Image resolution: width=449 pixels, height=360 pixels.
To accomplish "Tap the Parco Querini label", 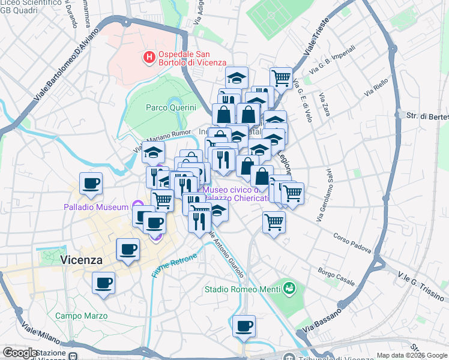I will [171, 107].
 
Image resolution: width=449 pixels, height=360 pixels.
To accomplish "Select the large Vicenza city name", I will [81, 260].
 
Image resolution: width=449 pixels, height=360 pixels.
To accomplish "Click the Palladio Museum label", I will [97, 208].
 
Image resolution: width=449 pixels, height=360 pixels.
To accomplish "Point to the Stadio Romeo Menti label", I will [241, 289].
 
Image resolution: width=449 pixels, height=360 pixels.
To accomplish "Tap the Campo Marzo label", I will [82, 316].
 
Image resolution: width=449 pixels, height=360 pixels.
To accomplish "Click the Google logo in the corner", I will [20, 353].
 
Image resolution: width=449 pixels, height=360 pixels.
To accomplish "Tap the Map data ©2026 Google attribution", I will [411, 355].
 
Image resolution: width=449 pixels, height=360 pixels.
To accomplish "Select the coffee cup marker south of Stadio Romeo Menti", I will [244, 326].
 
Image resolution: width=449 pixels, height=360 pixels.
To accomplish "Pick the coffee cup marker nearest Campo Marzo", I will [103, 282].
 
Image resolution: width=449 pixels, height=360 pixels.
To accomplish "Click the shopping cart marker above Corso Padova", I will [274, 221].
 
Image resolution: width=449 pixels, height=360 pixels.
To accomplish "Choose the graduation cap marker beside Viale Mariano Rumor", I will [153, 152].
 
